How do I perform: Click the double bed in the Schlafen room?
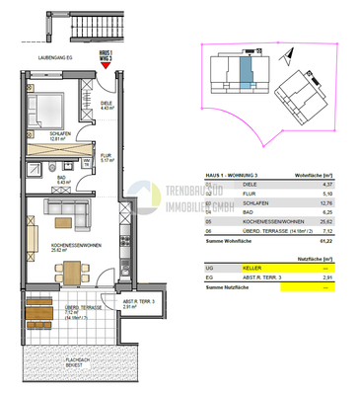point(46,107)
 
